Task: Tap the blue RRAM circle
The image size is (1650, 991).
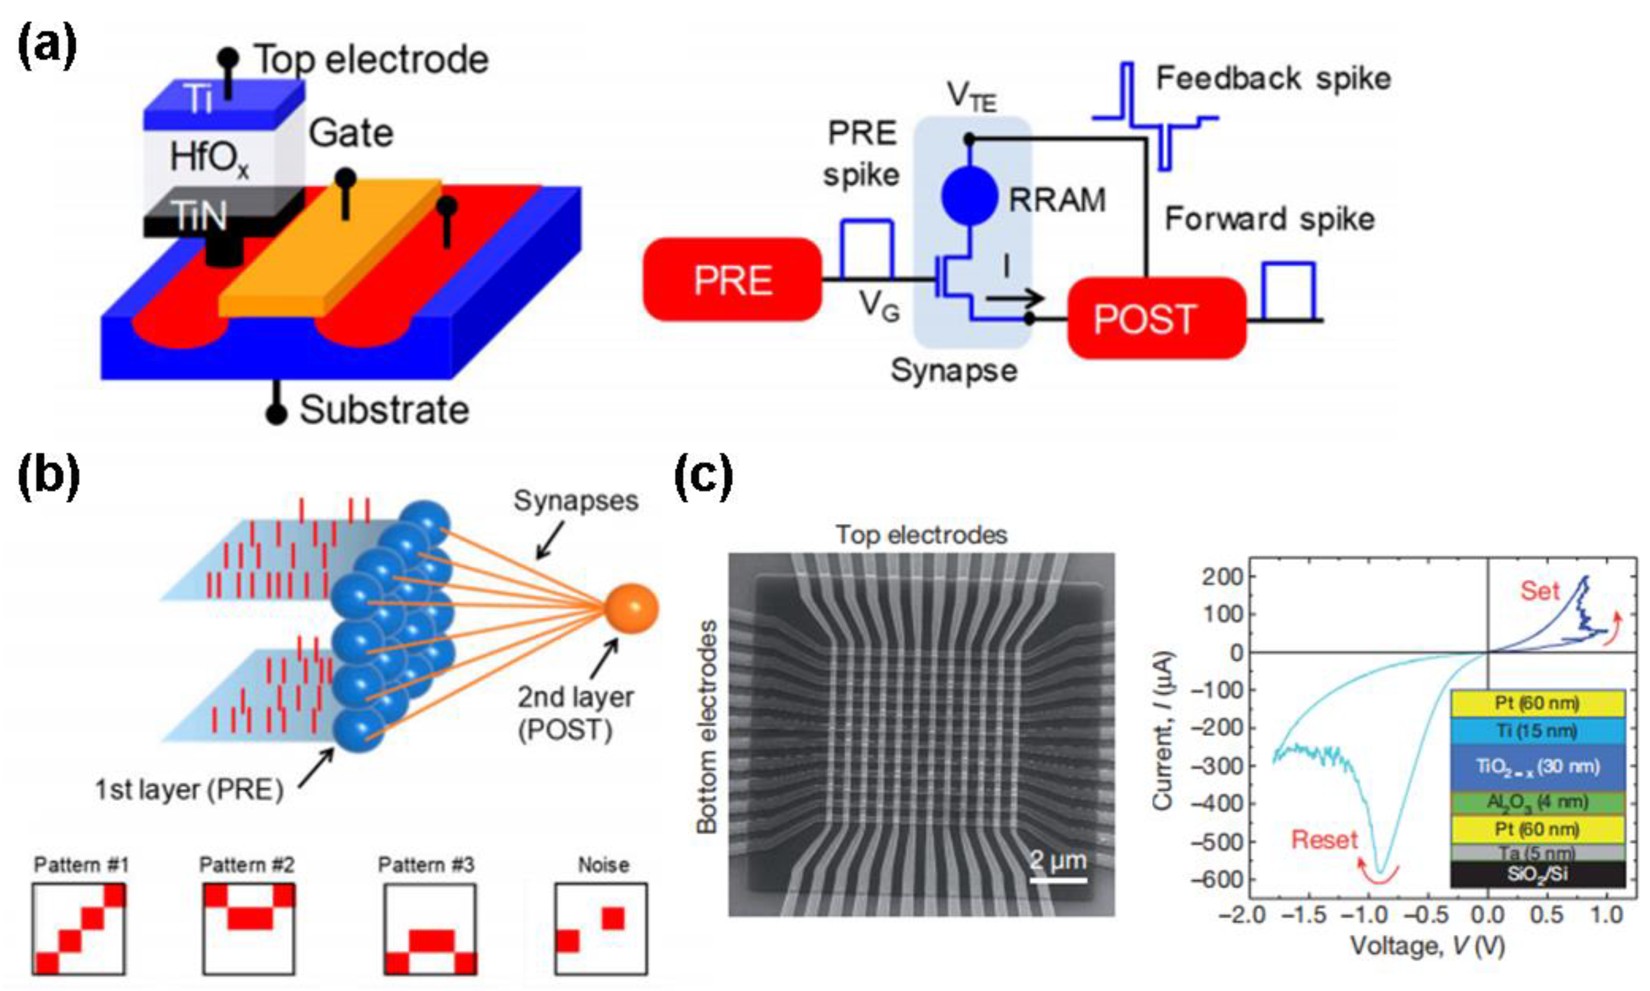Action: pyautogui.click(x=969, y=196)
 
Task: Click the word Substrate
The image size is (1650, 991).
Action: pyautogui.click(x=384, y=409)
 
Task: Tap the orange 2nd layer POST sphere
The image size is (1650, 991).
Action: pyautogui.click(x=631, y=609)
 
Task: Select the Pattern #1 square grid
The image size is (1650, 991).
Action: pyautogui.click(x=79, y=929)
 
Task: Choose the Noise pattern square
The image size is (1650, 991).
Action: pyautogui.click(x=600, y=929)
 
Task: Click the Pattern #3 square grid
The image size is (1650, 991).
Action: pyautogui.click(x=430, y=929)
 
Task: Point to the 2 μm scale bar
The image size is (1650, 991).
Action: pyautogui.click(x=1058, y=879)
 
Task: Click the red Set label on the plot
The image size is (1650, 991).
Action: pyautogui.click(x=1539, y=590)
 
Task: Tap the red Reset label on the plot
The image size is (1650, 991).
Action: pyautogui.click(x=1324, y=839)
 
